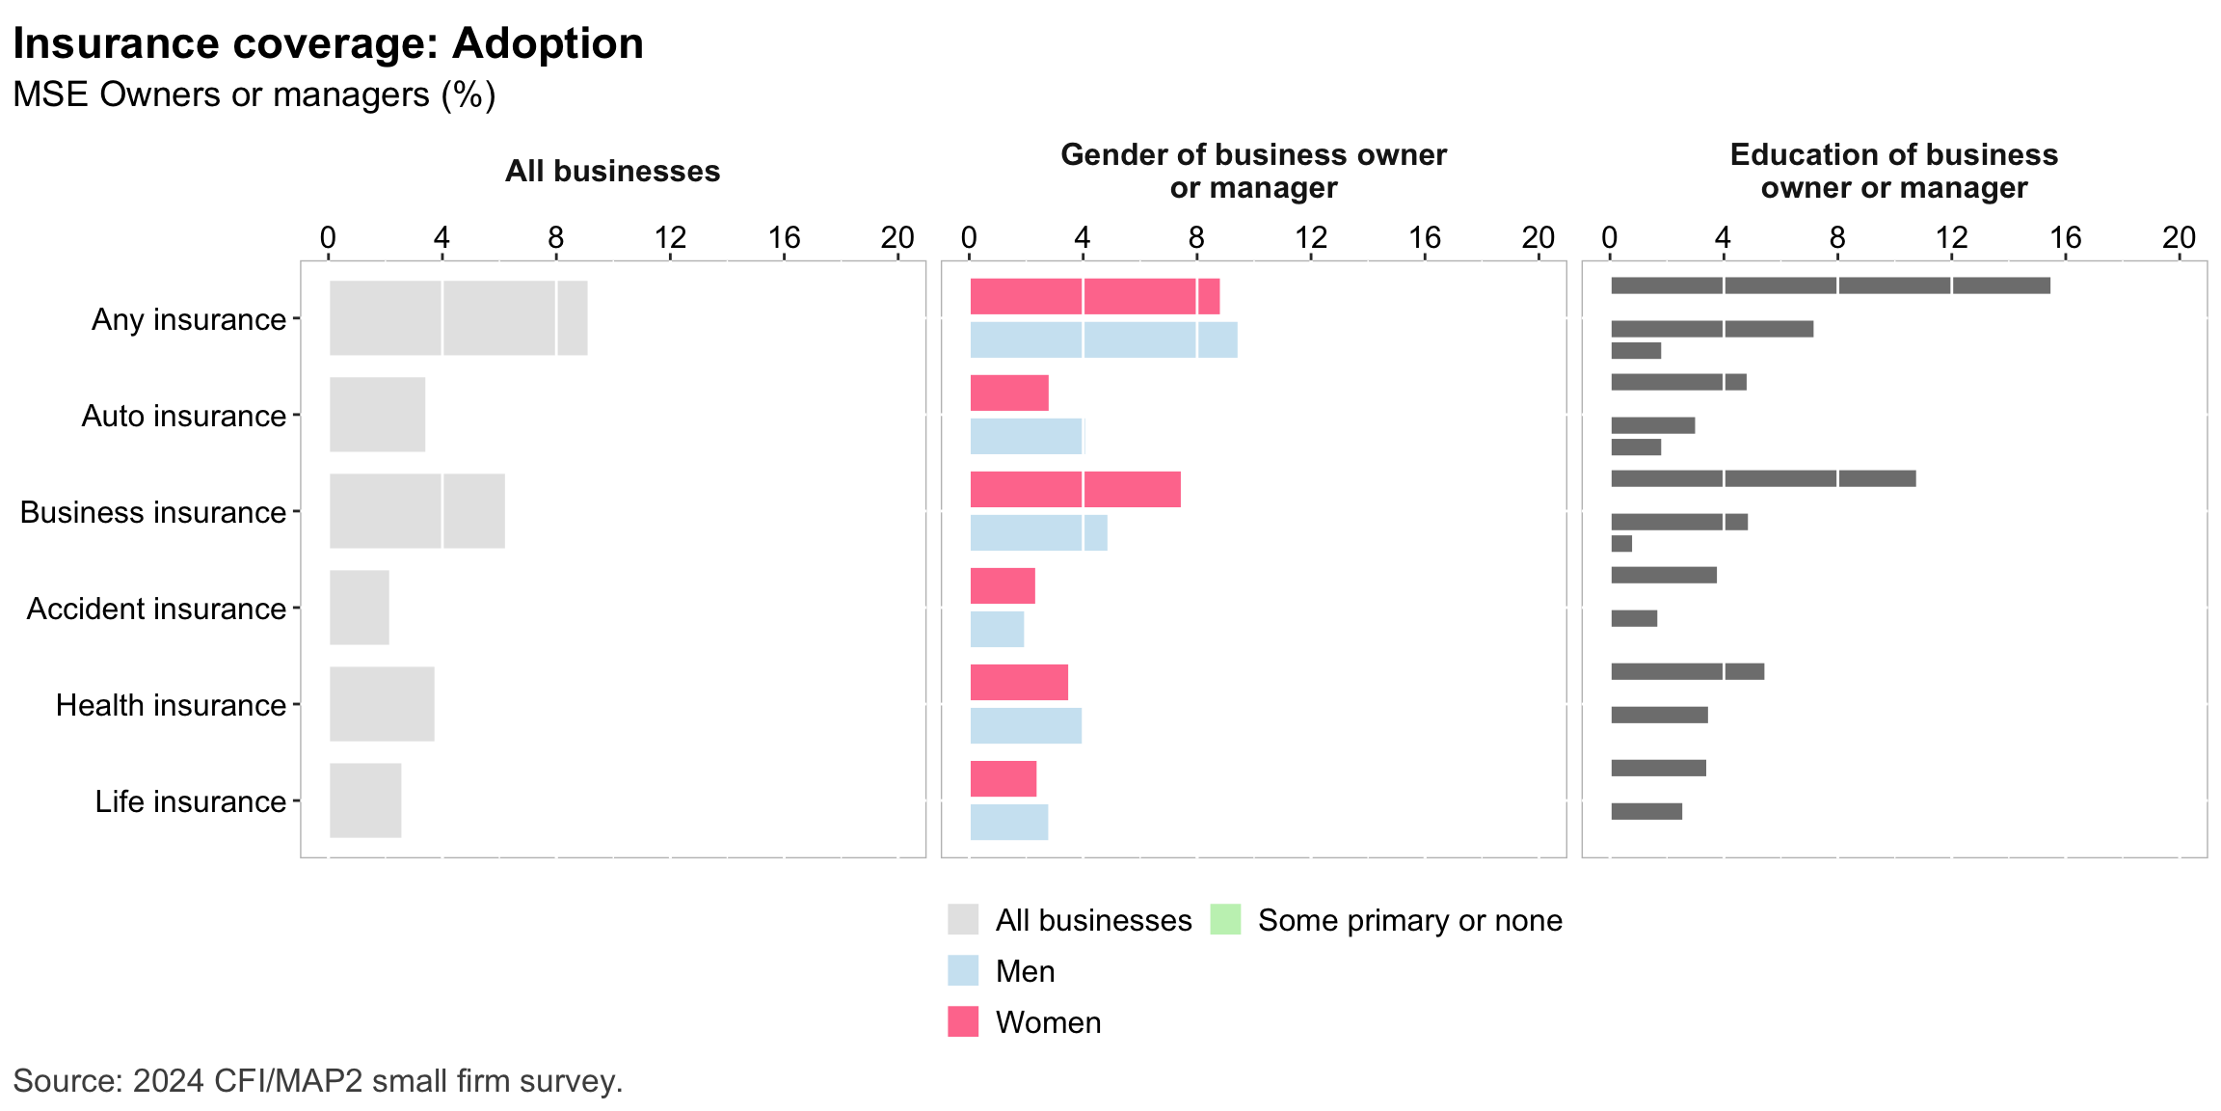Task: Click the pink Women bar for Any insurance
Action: pos(1094,296)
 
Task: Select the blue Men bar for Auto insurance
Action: pos(1027,436)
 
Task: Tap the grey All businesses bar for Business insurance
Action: pos(416,511)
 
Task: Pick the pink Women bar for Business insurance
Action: pos(1075,489)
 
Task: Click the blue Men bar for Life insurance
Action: pos(1008,822)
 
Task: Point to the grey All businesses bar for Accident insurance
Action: pos(360,608)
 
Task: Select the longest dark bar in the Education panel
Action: pos(1830,285)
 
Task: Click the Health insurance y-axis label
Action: pos(171,705)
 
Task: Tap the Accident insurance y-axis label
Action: pos(156,609)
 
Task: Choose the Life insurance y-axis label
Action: pos(190,801)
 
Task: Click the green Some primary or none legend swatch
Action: pos(1225,919)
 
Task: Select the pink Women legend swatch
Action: pos(963,1021)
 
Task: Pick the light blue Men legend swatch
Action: pos(963,970)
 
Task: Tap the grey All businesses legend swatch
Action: pos(963,919)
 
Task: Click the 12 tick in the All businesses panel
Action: pos(670,237)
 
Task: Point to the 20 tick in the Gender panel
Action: pos(1538,237)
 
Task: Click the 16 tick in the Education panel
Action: pos(2065,237)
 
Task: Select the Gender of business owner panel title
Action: pos(1253,171)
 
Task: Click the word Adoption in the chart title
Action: pos(548,43)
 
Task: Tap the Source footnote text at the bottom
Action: pos(318,1081)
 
